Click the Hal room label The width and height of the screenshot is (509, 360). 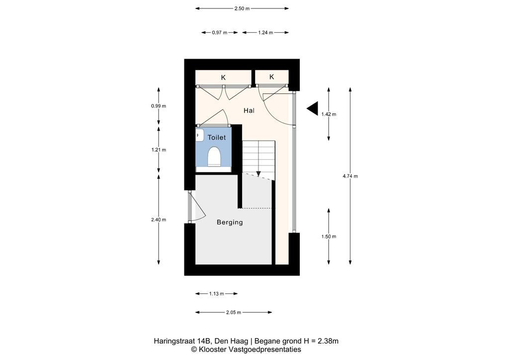249,111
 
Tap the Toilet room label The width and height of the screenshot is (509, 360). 217,138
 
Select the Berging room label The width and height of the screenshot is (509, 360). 230,222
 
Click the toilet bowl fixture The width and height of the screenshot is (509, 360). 214,156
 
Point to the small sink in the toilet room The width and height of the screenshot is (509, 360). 199,135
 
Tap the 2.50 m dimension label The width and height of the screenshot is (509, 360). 242,9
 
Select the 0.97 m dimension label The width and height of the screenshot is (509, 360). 219,32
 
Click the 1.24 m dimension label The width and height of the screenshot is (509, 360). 265,32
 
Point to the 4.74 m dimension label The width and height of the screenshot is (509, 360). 350,176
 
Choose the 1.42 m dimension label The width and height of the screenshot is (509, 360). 329,114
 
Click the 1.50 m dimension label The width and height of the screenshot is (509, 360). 329,237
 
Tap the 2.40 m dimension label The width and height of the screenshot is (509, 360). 159,220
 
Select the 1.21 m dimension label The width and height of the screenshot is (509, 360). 159,150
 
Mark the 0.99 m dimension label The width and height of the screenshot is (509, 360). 159,106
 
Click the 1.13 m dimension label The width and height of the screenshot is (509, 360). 217,294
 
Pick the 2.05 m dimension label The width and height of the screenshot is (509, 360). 234,313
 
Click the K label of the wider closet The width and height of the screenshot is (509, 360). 223,78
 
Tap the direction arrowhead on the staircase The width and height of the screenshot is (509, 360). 258,174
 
